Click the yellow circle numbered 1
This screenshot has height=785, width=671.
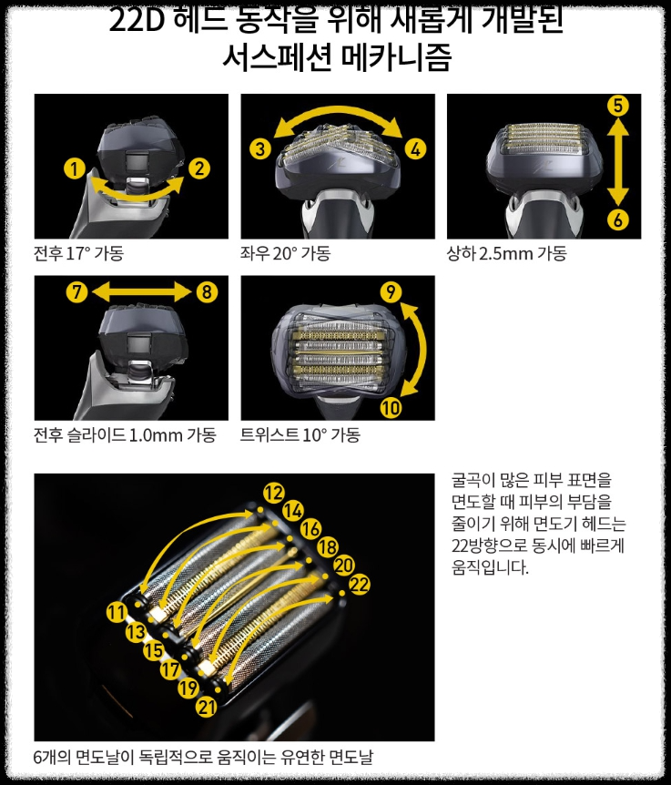pyautogui.click(x=74, y=168)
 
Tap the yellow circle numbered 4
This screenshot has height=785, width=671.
pyautogui.click(x=416, y=148)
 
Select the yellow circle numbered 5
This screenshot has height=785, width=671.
pyautogui.click(x=618, y=105)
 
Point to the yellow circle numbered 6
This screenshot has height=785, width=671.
pyautogui.click(x=618, y=219)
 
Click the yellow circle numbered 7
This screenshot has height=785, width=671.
pyautogui.click(x=76, y=291)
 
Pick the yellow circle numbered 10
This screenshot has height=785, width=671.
pyautogui.click(x=391, y=408)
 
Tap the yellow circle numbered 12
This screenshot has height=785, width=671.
pyautogui.click(x=272, y=493)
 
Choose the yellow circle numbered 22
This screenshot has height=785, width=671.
pyautogui.click(x=360, y=584)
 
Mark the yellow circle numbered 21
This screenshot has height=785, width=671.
pyautogui.click(x=207, y=707)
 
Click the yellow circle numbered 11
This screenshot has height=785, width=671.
pyautogui.click(x=116, y=612)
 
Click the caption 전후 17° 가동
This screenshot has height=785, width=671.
pyautogui.click(x=78, y=253)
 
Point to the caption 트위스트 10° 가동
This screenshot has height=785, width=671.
pyautogui.click(x=300, y=435)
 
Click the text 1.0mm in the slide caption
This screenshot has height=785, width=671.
pyautogui.click(x=156, y=435)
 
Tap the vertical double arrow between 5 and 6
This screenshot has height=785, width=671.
pyautogui.click(x=618, y=162)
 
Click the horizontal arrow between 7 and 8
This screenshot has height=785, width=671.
pyautogui.click(x=142, y=291)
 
